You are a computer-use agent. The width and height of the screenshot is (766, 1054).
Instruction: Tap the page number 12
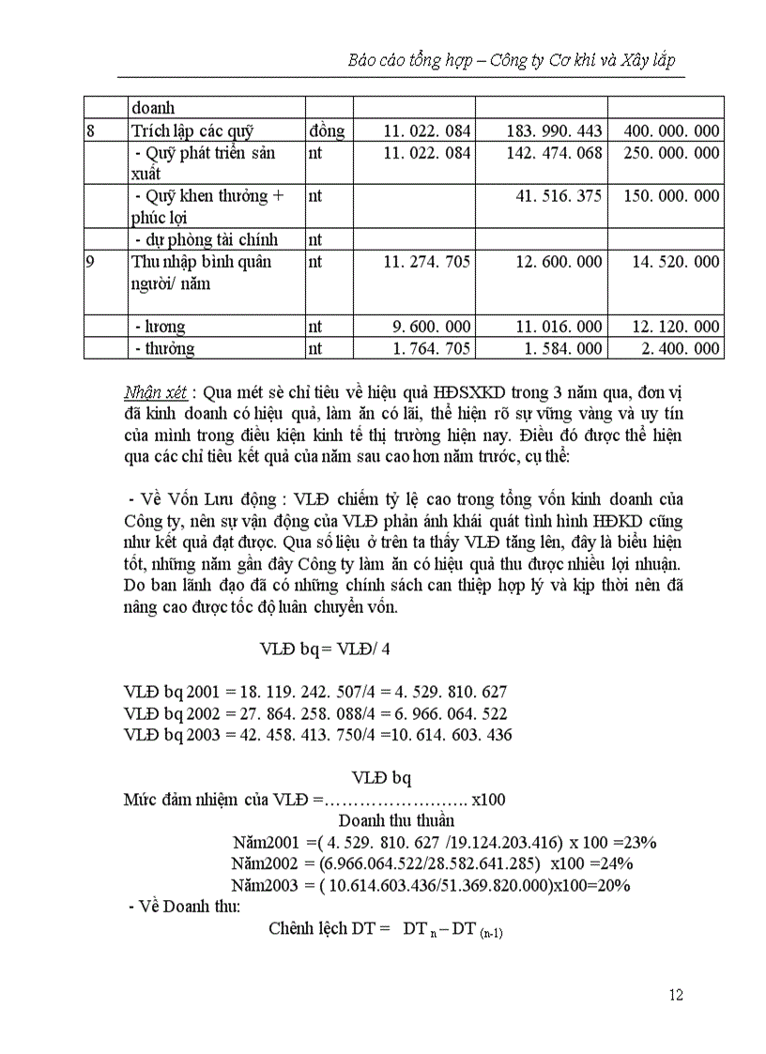pyautogui.click(x=676, y=996)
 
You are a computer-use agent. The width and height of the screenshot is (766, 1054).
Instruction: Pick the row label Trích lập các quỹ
pyautogui.click(x=192, y=131)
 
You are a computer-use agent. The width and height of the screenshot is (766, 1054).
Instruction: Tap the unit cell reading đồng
pyautogui.click(x=326, y=131)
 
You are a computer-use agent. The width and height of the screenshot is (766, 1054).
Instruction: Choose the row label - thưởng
pyautogui.click(x=164, y=349)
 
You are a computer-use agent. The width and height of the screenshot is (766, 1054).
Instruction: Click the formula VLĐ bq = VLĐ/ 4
pyautogui.click(x=325, y=649)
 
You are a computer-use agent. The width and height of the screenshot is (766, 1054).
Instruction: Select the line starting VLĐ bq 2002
pyautogui.click(x=315, y=713)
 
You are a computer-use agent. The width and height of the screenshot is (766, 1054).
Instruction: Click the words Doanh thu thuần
pyautogui.click(x=382, y=820)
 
